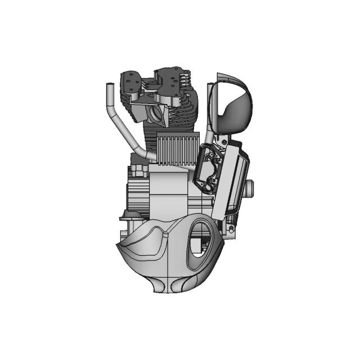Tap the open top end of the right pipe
(210, 85)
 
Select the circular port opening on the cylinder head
(155, 114)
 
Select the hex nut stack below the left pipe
(139, 169)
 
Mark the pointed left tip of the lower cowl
(118, 245)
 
